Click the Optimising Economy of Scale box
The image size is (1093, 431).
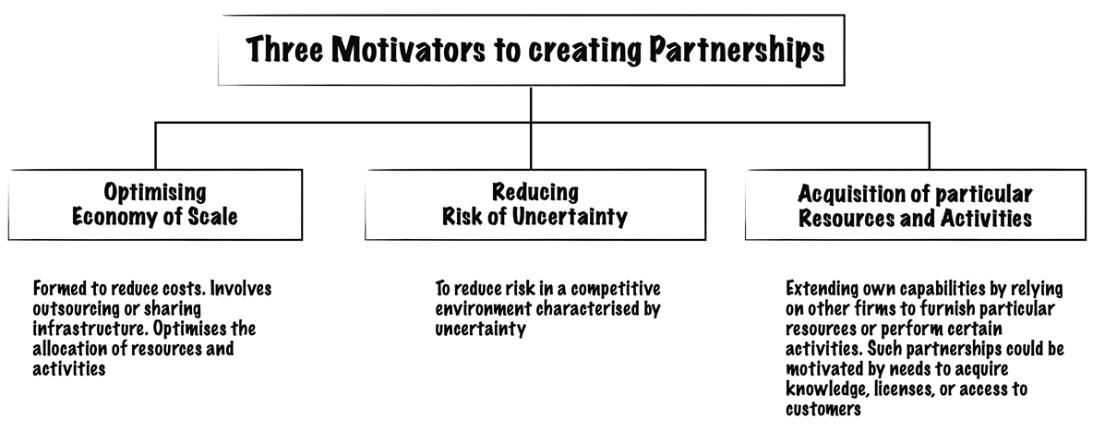[x=155, y=205]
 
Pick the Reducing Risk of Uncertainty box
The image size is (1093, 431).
[x=535, y=205]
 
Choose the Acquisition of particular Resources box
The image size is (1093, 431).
[x=915, y=205]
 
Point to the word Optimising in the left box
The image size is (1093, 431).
[x=155, y=193]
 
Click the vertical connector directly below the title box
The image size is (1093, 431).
[x=531, y=104]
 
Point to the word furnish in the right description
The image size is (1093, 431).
[x=969, y=308]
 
